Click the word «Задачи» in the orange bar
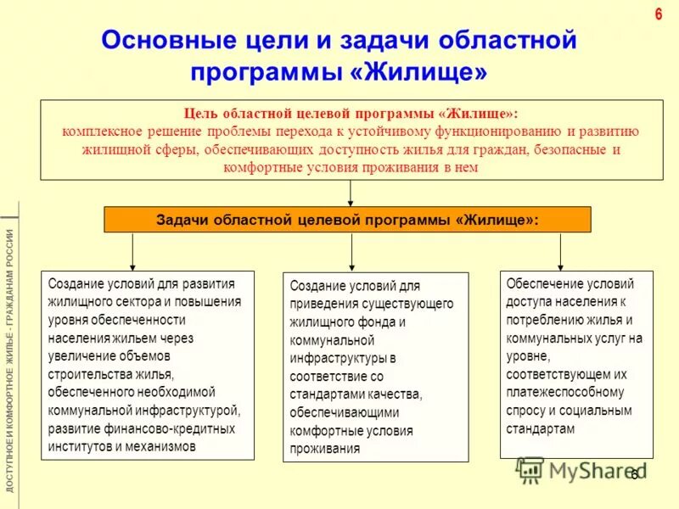click(183, 219)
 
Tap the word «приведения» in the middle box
click(320, 305)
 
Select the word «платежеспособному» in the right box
click(564, 392)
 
